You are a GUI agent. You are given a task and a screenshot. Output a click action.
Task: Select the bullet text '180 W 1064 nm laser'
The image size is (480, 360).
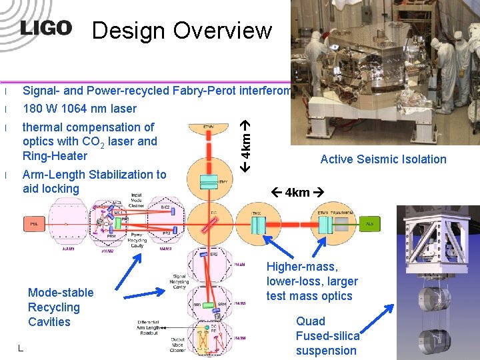[79, 109]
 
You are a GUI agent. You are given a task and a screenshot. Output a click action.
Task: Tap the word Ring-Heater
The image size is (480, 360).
[55, 156]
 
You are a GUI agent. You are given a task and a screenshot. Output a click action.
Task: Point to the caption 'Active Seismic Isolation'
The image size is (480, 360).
[383, 159]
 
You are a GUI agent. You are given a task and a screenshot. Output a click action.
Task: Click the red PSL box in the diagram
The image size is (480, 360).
[34, 225]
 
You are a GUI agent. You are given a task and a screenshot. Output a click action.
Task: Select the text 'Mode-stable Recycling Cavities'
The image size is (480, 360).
[60, 307]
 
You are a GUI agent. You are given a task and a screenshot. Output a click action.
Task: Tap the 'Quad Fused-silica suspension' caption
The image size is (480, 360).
[327, 336]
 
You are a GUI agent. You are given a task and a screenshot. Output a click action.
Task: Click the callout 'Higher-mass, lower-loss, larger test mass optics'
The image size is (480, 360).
[312, 281]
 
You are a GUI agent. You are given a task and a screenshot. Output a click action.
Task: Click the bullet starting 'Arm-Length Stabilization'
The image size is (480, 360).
[94, 181]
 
